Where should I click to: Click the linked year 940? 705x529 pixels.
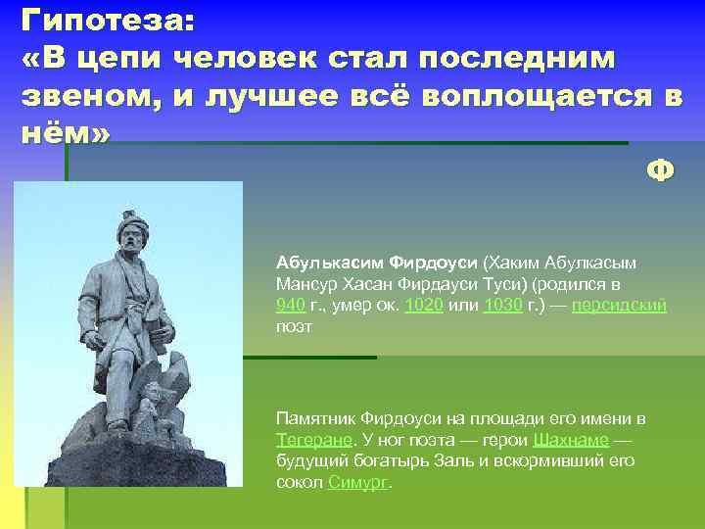(290, 305)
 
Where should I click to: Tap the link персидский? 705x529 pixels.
(620, 305)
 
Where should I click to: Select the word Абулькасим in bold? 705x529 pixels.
(330, 263)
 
